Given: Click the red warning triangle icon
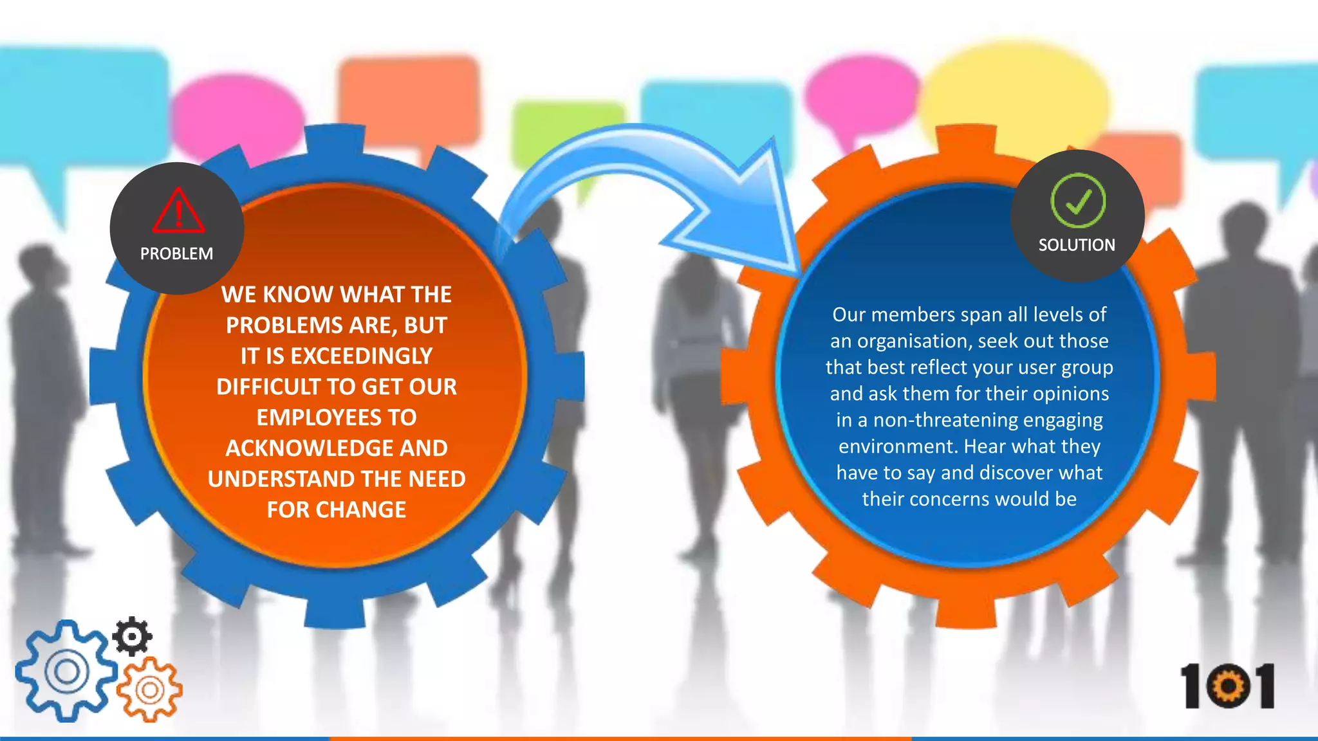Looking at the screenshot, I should pos(179,211).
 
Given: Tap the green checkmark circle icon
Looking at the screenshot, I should pos(1078,201).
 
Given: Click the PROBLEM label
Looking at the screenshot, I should pos(176,254).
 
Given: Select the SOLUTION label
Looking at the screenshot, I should pos(1077,245).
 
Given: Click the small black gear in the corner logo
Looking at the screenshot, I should pos(133,636).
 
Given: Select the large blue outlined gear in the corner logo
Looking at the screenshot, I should pos(66,672).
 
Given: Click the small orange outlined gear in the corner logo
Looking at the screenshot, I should pos(149,690).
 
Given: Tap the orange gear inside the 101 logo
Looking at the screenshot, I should pos(1228,687).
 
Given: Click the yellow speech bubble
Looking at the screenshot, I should pos(1017,93).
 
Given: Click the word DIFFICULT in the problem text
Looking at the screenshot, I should pos(268,387).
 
